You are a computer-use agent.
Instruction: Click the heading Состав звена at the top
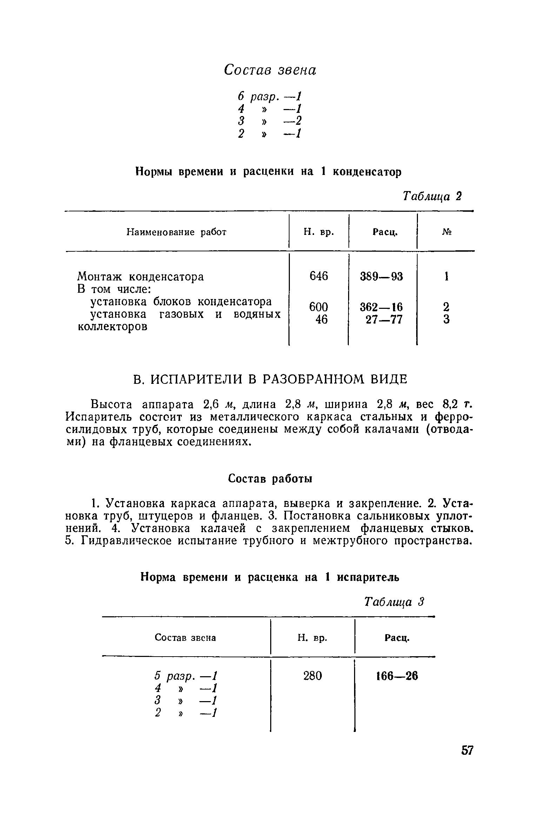(x=270, y=70)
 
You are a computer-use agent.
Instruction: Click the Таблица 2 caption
(x=432, y=196)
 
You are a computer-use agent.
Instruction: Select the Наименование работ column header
(x=176, y=232)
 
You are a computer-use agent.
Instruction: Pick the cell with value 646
(x=318, y=276)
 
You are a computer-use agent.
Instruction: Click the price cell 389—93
(x=382, y=277)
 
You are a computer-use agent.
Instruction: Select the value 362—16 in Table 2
(x=382, y=307)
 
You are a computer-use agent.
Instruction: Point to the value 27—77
(x=384, y=319)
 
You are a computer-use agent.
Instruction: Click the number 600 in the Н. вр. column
(x=318, y=307)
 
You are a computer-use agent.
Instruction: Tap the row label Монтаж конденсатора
(x=140, y=277)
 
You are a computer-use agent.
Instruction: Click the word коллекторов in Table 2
(x=112, y=327)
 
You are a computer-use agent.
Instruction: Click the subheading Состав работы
(x=270, y=479)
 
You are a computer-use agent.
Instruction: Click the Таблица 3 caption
(x=395, y=602)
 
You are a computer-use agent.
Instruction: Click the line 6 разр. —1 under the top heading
(x=269, y=96)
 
